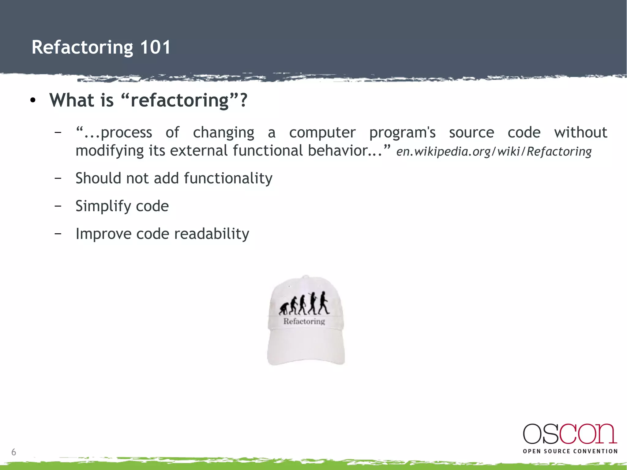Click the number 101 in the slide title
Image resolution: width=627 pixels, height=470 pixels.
tap(155, 47)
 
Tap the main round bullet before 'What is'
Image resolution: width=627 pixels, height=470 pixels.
tap(33, 100)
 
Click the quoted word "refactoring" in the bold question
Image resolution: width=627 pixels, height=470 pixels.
tap(180, 100)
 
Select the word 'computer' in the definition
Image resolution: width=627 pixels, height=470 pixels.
tap(322, 133)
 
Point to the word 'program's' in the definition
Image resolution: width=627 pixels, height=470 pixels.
tap(402, 133)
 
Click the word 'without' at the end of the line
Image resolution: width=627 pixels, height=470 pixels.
tap(580, 132)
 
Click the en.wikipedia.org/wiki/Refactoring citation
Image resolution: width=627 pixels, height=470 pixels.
tap(494, 151)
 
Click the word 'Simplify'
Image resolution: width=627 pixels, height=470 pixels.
tap(100, 206)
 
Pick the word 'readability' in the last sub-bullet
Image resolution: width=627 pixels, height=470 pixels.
tap(212, 234)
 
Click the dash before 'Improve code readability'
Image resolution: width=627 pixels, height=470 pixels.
tap(58, 234)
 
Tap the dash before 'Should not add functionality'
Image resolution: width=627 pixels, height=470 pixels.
tap(58, 178)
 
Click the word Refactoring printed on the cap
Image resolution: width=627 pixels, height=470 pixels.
tap(304, 321)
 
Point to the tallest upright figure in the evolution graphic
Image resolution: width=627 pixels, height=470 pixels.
tap(323, 303)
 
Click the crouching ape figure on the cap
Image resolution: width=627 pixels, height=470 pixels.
tap(283, 309)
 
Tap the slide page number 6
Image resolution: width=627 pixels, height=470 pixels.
tap(13, 452)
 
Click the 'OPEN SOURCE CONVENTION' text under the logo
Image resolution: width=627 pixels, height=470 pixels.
tap(570, 451)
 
